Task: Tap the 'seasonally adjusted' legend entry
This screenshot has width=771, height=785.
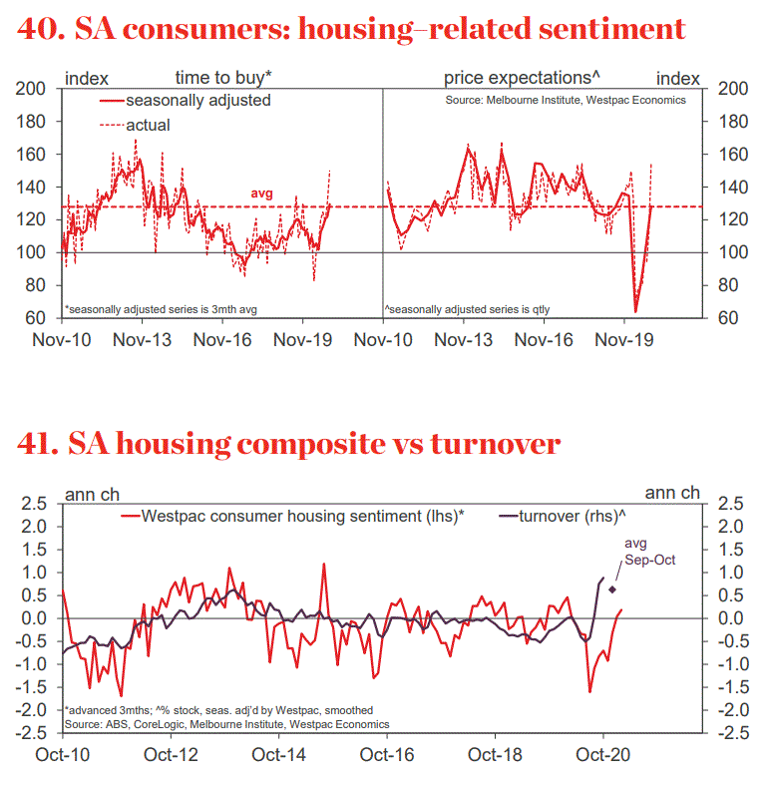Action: [196, 100]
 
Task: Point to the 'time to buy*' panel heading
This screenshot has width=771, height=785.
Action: [224, 77]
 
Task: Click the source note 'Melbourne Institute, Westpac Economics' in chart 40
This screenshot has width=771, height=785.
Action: [566, 101]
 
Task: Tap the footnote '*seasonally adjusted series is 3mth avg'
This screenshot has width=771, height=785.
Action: [160, 309]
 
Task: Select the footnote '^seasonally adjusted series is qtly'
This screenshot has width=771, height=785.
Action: [468, 309]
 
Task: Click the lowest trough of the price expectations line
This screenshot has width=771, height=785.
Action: [635, 311]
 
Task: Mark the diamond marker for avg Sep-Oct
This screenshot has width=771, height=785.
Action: [612, 589]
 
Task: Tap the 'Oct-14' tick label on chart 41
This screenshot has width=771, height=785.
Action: [281, 756]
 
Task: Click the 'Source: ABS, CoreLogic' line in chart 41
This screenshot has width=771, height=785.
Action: [225, 723]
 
